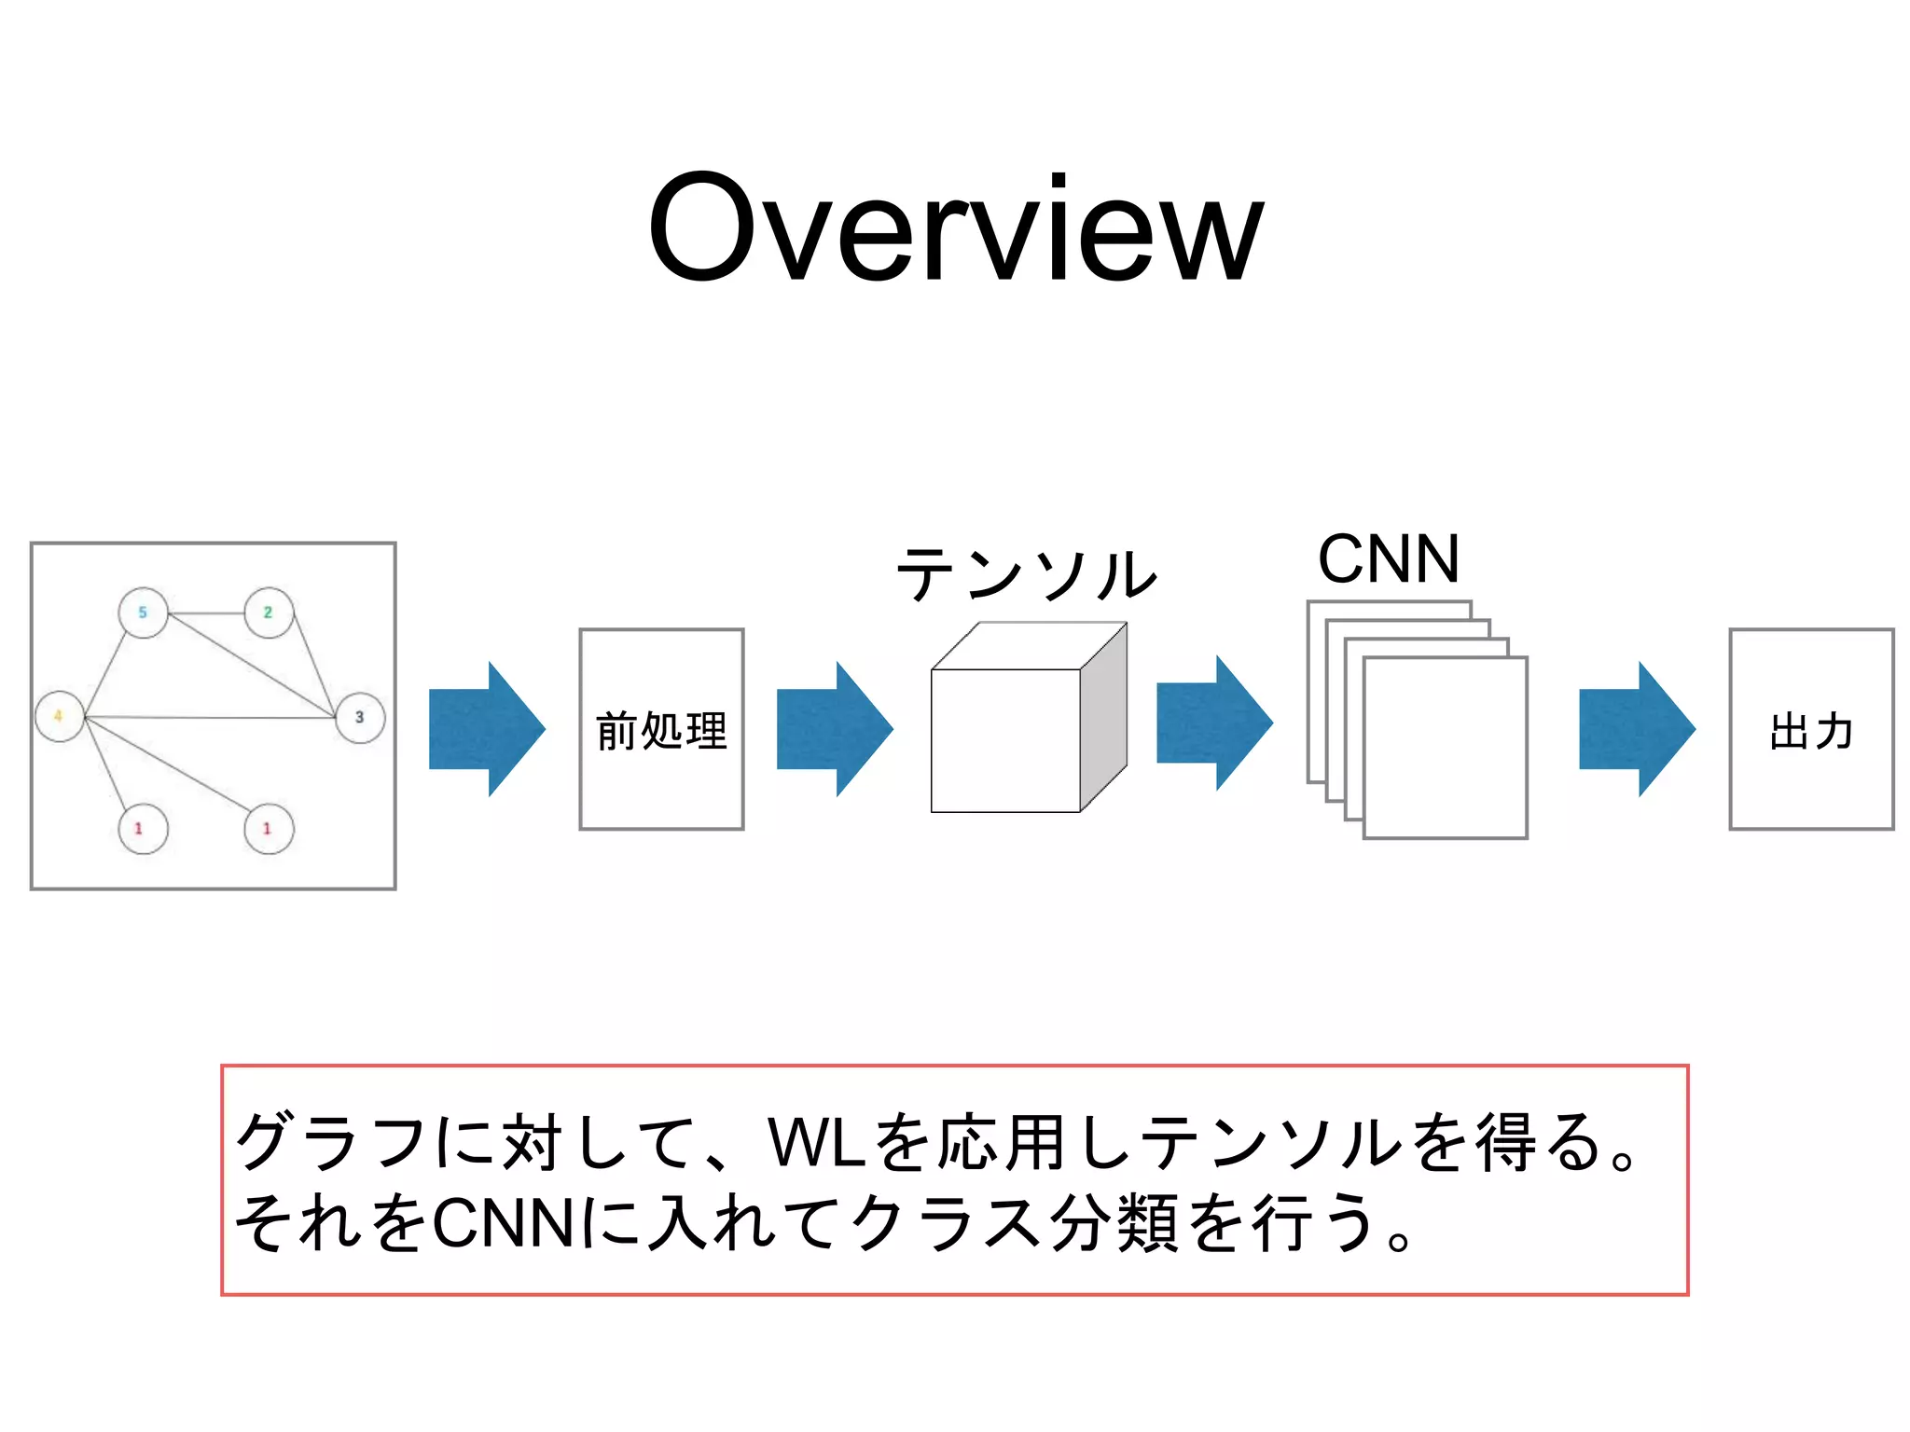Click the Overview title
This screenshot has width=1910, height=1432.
click(x=955, y=228)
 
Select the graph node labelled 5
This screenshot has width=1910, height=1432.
click(x=144, y=613)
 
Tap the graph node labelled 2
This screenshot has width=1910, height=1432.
click(x=269, y=613)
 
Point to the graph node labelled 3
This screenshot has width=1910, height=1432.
click(x=360, y=717)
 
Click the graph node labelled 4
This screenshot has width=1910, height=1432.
click(x=60, y=716)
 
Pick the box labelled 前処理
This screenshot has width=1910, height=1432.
click(x=661, y=729)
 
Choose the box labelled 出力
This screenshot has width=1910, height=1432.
click(x=1811, y=729)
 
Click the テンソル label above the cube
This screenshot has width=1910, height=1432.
click(x=1026, y=574)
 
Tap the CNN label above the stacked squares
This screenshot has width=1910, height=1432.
click(x=1388, y=559)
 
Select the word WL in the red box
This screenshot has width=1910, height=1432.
click(x=817, y=1143)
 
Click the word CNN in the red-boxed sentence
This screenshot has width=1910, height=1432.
click(x=504, y=1223)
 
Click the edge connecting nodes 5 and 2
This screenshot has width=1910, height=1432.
click(x=206, y=613)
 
